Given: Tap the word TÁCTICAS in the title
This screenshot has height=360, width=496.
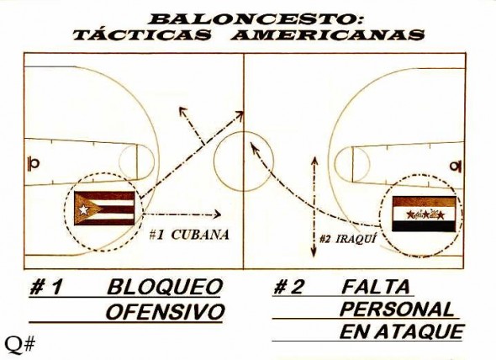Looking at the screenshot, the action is point(142,34).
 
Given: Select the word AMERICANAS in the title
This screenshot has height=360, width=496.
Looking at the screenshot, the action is point(327,34).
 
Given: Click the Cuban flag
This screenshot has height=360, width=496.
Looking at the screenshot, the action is point(104,209).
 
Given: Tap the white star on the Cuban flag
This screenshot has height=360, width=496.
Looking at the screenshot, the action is point(83,209).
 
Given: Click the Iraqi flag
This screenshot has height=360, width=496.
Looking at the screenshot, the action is point(424,214).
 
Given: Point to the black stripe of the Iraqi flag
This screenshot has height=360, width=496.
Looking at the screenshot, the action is point(424,225).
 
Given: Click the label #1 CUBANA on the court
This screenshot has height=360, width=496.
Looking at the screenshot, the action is point(189,235).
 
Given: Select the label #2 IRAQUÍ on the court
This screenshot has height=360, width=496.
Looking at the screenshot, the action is point(348,239).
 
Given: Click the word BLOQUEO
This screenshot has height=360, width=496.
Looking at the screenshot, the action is point(165,287).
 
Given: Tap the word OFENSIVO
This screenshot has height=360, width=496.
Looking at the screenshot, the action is point(165,311).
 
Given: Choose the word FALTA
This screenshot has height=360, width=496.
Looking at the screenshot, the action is point(376,287).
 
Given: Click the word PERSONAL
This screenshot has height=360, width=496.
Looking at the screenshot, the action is point(398,310).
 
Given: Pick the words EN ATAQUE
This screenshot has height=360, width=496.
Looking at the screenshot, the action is point(402,331).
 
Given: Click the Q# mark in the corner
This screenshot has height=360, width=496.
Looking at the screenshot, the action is point(19,345).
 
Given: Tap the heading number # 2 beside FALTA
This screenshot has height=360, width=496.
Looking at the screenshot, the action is point(288,287).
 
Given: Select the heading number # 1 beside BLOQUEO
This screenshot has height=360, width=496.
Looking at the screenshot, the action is point(45,287).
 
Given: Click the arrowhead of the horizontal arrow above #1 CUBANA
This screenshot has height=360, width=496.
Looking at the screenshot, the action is point(218,214).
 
